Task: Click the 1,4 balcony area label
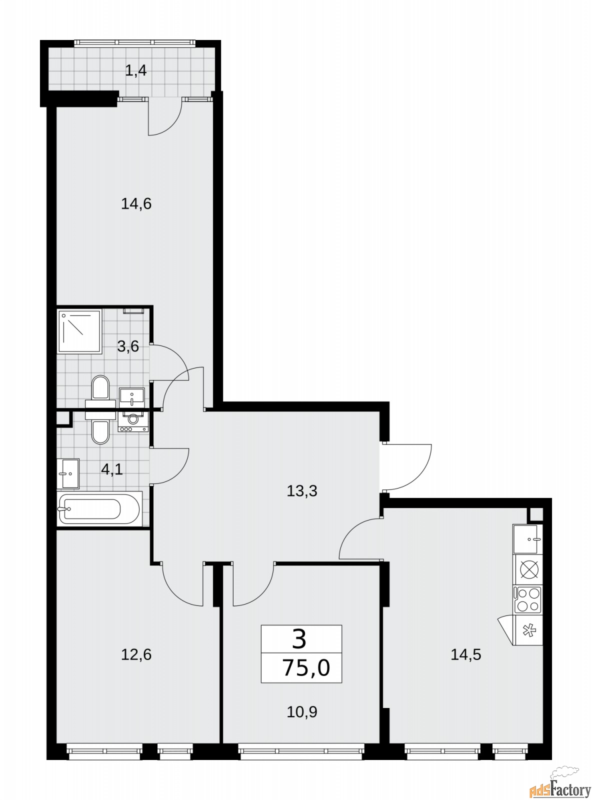(x=135, y=70)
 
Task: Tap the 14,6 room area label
(x=136, y=204)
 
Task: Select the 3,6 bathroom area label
(x=128, y=346)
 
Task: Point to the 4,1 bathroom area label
(x=112, y=469)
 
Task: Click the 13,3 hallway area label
(x=302, y=491)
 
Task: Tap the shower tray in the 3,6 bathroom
(x=79, y=331)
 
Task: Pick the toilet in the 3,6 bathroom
(x=100, y=392)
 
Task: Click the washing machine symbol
(x=133, y=421)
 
